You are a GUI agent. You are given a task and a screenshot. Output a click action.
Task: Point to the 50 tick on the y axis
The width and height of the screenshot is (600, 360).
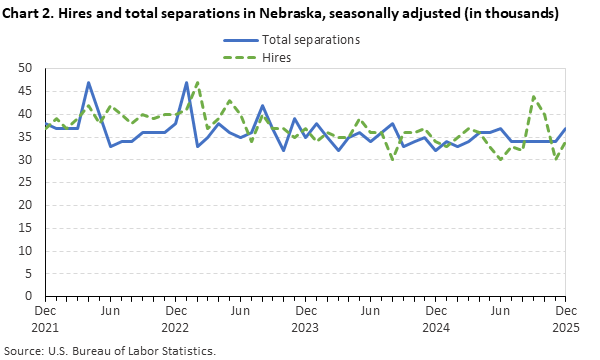pyautogui.click(x=27, y=68)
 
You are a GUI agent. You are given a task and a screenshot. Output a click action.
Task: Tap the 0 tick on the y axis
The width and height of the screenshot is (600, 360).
pyautogui.click(x=30, y=296)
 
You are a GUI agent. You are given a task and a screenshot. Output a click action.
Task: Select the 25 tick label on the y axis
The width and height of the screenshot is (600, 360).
pyautogui.click(x=27, y=182)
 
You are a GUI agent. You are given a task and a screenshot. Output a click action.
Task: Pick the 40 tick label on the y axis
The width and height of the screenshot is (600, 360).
pyautogui.click(x=27, y=114)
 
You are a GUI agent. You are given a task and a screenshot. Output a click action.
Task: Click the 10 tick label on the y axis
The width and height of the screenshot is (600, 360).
pyautogui.click(x=27, y=251)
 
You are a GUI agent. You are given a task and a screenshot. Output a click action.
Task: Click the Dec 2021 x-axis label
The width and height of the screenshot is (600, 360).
pyautogui.click(x=45, y=318)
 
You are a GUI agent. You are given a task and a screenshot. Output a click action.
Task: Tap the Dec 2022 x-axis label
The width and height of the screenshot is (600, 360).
pyautogui.click(x=175, y=318)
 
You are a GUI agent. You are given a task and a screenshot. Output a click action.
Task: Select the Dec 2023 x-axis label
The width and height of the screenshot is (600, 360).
pyautogui.click(x=305, y=318)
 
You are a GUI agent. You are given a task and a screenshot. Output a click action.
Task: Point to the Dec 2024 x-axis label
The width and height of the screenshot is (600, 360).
pyautogui.click(x=435, y=318)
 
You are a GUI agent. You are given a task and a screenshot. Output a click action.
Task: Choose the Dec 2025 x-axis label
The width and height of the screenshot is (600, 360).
pyautogui.click(x=565, y=318)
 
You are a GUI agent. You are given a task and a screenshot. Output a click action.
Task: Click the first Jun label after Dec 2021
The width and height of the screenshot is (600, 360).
pyautogui.click(x=110, y=311)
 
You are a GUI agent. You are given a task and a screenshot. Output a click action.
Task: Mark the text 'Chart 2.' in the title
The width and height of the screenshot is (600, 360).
pyautogui.click(x=32, y=14)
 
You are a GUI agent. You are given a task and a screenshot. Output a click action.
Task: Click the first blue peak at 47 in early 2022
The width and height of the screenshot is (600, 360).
pyautogui.click(x=89, y=82)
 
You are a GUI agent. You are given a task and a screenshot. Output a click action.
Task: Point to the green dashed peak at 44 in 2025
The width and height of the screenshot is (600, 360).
pyautogui.click(x=533, y=96)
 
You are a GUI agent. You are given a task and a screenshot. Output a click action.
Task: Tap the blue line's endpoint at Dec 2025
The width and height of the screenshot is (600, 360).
pyautogui.click(x=565, y=128)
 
